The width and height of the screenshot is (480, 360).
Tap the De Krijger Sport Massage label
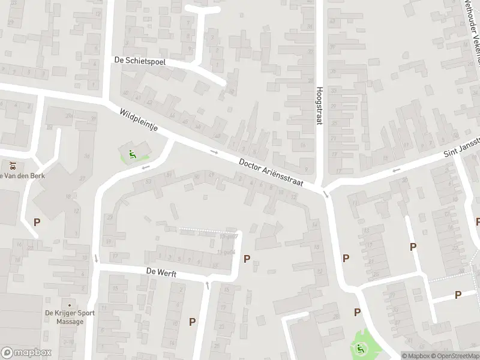coord(70,317)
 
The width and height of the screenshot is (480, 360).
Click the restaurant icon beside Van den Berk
coord(11,164)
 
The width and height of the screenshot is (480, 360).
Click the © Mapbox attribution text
coord(415,355)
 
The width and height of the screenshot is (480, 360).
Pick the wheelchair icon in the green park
coord(361,348)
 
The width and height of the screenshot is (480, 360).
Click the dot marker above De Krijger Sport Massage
coord(70,305)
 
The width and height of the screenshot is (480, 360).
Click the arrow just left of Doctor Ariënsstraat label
coord(214,151)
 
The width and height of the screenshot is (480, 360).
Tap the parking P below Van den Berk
coord(37,222)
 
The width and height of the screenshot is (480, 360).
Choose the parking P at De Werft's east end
coord(247,259)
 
